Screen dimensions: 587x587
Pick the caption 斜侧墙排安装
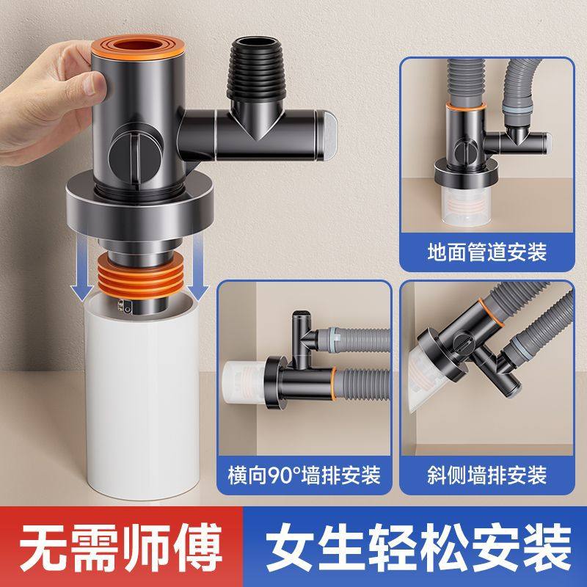coord(486,475)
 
